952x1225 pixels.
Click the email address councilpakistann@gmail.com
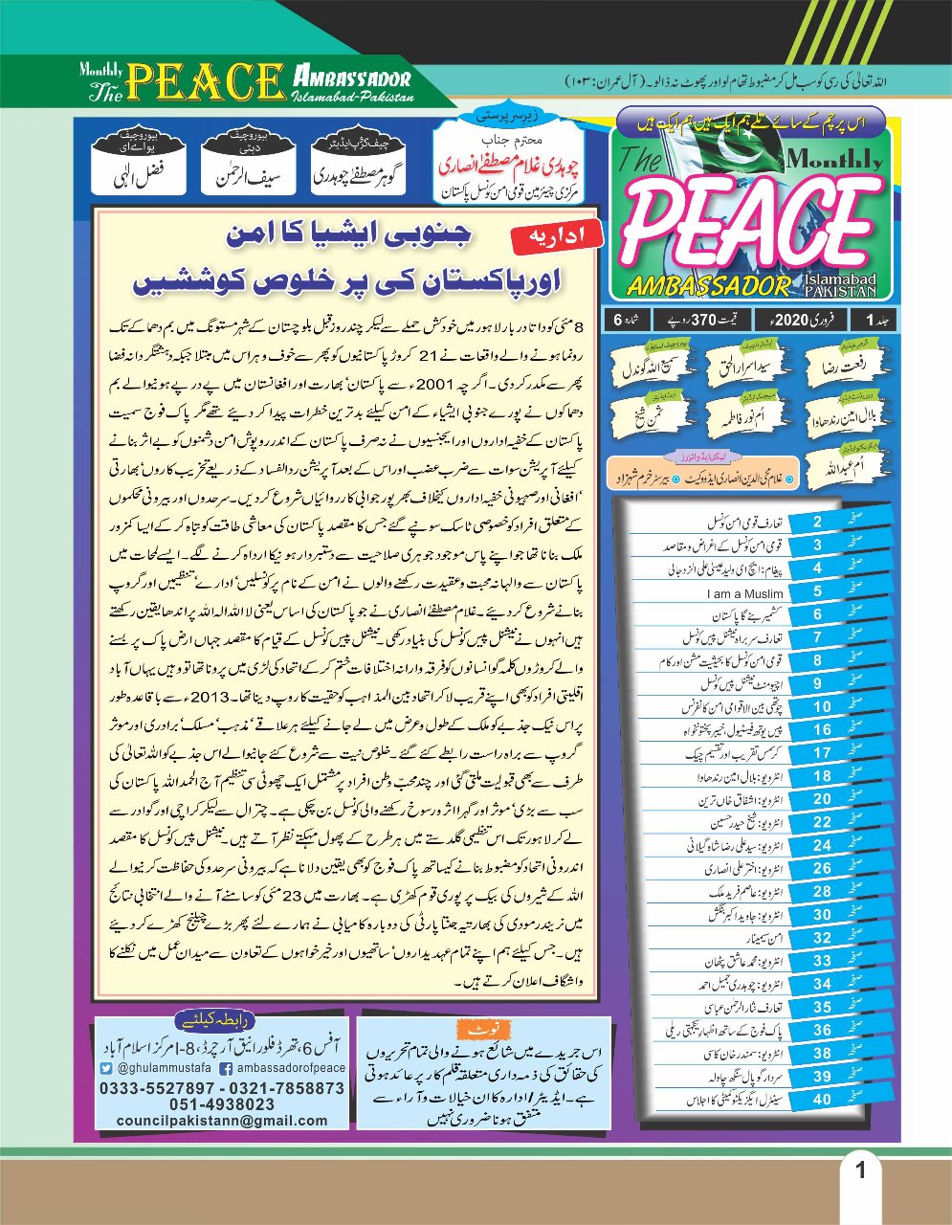coord(221,1120)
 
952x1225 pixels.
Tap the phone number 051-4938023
coord(222,1104)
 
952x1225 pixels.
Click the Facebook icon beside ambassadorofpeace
coord(227,1068)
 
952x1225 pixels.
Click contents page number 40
coord(822,1100)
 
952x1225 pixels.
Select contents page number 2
coord(817,522)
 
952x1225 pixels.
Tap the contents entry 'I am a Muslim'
coord(744,593)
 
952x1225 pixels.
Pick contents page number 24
coord(822,845)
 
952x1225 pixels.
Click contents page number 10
coord(822,706)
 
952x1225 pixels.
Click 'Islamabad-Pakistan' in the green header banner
coord(353,98)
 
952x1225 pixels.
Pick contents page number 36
coord(822,1030)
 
